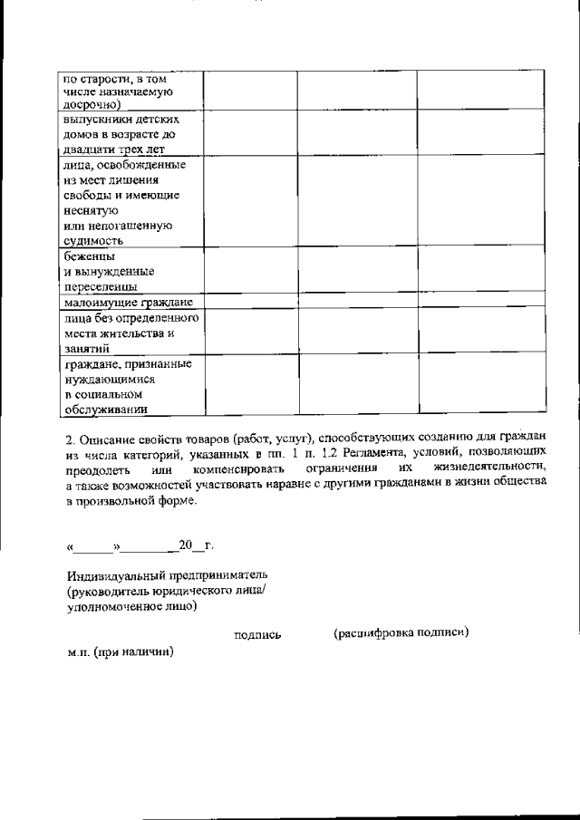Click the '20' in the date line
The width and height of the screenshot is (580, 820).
(x=186, y=545)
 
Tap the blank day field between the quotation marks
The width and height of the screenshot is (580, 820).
(x=93, y=547)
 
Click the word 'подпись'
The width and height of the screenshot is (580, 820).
(x=257, y=635)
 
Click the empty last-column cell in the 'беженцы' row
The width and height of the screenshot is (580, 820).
(x=481, y=272)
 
